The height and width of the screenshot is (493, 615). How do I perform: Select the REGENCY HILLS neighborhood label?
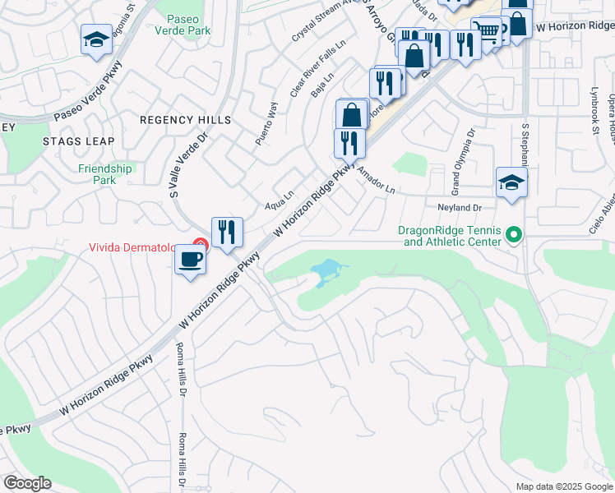coord(185,120)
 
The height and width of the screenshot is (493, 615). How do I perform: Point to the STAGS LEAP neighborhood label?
coord(78,141)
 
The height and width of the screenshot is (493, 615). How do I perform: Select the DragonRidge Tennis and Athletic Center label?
coord(449,236)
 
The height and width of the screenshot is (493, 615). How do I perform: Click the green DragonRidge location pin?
coord(515,236)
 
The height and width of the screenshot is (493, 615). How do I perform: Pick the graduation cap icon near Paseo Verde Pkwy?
coord(96,39)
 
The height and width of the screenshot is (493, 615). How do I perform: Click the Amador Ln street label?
coord(377,178)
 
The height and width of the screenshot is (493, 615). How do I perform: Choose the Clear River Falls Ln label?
coord(306,71)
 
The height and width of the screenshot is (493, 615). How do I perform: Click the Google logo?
coord(27,482)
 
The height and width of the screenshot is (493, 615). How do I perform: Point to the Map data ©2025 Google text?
coord(563,486)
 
